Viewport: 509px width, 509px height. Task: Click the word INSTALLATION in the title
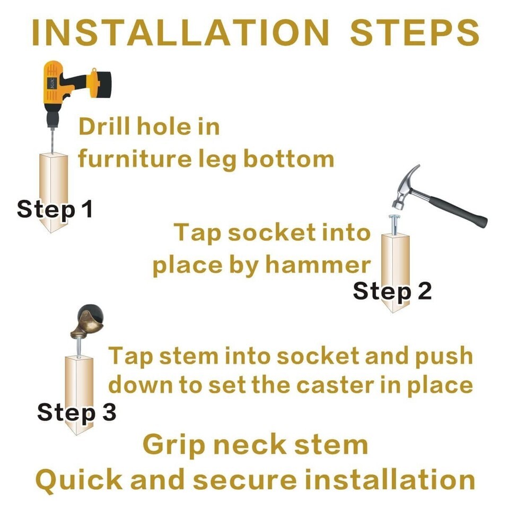(180, 32)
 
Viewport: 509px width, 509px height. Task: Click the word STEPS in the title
(415, 32)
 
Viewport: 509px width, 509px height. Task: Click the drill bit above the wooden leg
(52, 140)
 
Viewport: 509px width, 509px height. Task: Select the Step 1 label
(55, 209)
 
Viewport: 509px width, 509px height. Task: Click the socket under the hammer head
(394, 224)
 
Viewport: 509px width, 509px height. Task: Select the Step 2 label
(392, 291)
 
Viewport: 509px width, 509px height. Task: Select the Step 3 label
(76, 413)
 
